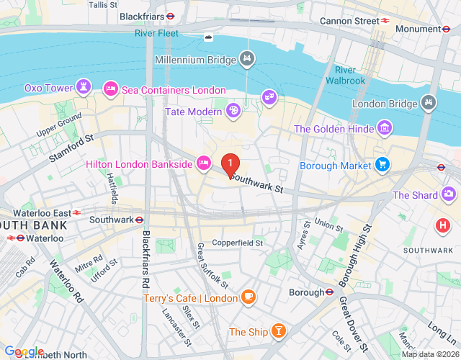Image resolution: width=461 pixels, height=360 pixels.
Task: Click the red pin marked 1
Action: click(230, 166)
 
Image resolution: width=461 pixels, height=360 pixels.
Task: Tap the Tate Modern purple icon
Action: click(233, 110)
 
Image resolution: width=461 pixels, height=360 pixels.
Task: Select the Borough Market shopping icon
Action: click(382, 166)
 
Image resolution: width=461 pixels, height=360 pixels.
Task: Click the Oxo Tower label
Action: click(49, 88)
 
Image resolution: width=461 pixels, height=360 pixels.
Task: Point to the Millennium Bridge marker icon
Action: click(247, 58)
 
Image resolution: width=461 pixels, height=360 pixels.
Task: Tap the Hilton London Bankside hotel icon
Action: click(204, 164)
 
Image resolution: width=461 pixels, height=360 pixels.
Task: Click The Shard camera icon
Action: click(449, 194)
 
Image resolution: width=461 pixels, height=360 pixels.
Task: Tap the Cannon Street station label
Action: click(349, 21)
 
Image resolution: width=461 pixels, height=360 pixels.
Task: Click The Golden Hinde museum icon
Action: click(385, 129)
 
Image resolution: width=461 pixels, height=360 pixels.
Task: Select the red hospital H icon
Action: click(442, 225)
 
